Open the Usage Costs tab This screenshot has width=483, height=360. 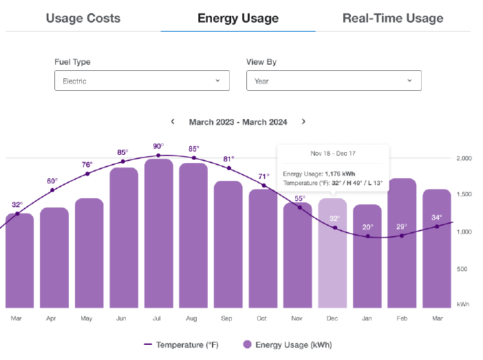[83, 18]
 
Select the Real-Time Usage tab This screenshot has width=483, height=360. [393, 18]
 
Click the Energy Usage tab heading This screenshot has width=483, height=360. [238, 18]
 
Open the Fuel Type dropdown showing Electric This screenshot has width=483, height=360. [142, 81]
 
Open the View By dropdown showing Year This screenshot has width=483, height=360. [334, 81]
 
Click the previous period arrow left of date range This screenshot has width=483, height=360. [173, 121]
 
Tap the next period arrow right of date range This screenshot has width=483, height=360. [303, 121]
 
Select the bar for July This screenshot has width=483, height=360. [159, 233]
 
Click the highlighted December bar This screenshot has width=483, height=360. [332, 253]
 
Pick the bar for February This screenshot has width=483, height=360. [402, 243]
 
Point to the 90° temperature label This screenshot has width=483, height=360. [158, 146]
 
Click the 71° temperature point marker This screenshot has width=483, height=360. [264, 186]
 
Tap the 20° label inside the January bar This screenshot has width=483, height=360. [367, 227]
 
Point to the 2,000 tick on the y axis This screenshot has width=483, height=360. [464, 158]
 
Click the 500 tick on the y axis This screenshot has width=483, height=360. [462, 269]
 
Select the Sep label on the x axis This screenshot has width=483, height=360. [226, 319]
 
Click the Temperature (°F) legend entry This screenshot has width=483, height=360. [181, 345]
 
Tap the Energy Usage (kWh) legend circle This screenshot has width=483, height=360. [247, 344]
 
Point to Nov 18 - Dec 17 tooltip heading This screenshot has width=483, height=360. [333, 153]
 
